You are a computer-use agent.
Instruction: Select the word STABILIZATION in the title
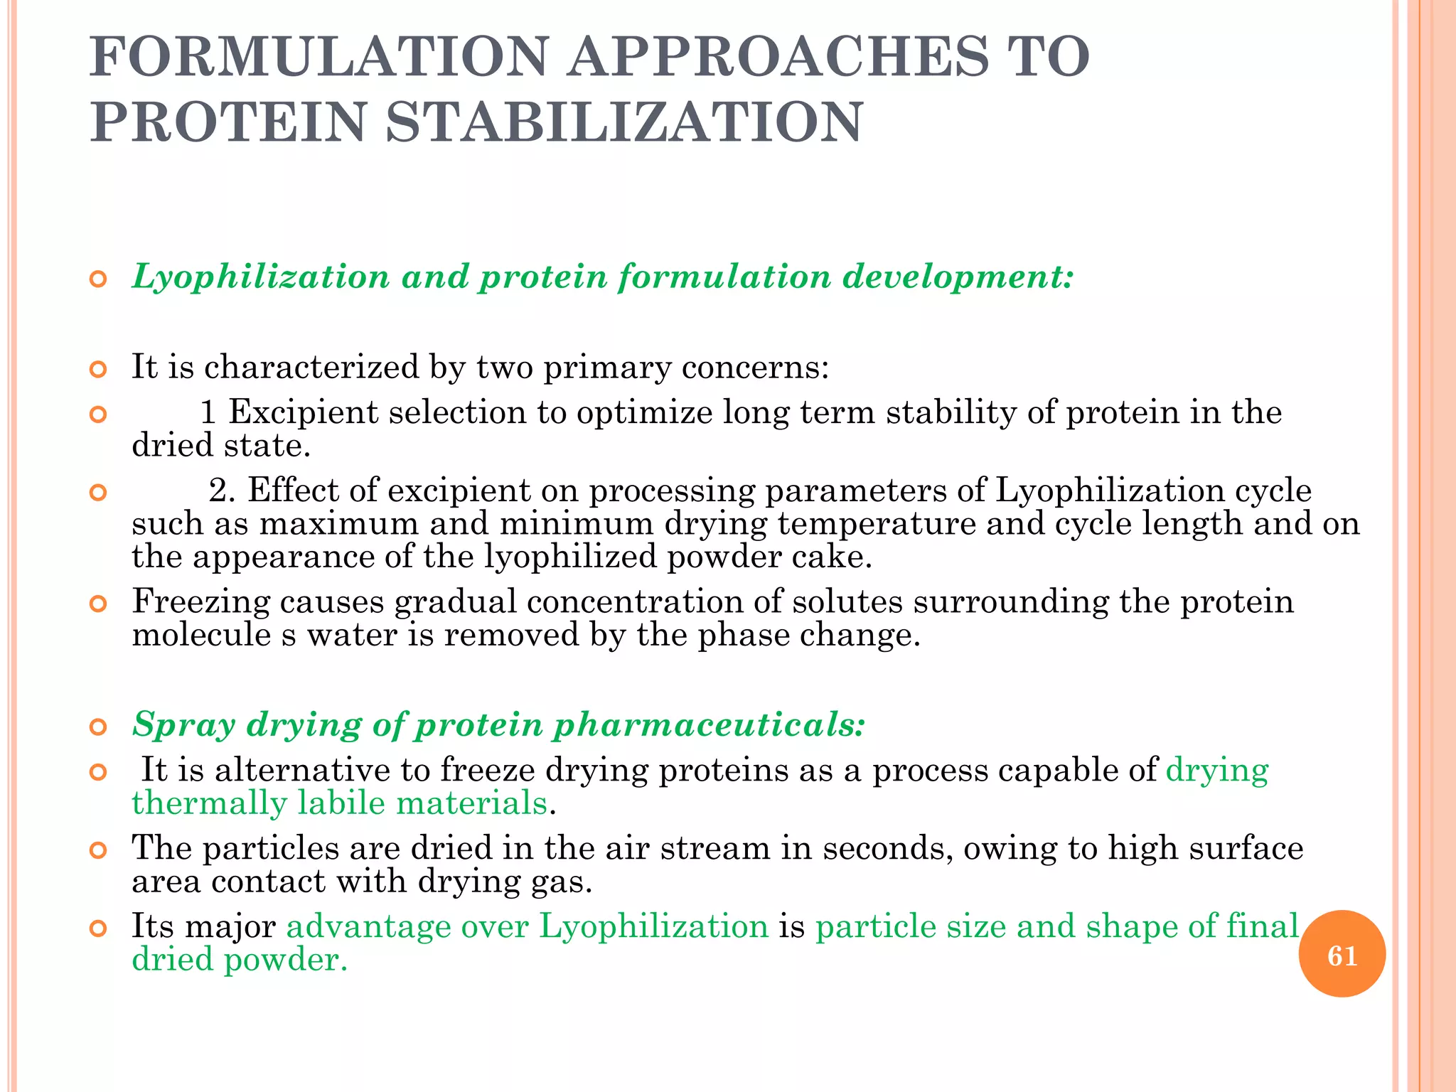coord(624,122)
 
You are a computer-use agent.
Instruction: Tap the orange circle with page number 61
coord(1342,955)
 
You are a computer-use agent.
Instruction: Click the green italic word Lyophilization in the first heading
coord(261,277)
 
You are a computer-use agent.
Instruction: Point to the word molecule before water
coord(201,635)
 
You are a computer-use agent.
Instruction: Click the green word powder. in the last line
coord(285,960)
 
